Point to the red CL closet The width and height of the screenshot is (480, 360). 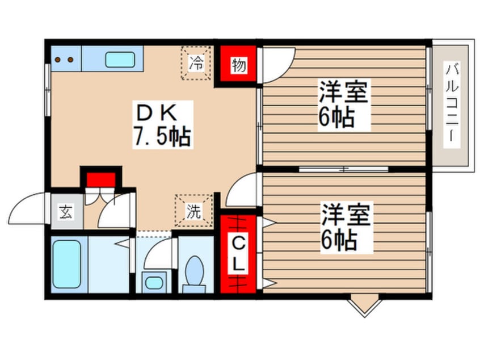(239, 253)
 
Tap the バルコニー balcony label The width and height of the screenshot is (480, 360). (453, 106)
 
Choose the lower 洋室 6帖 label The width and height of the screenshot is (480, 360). (346, 227)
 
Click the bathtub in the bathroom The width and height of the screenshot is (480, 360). (66, 263)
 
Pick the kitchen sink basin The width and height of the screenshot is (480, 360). (120, 59)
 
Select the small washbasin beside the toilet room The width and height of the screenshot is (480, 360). (153, 281)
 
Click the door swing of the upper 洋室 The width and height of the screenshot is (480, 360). (277, 61)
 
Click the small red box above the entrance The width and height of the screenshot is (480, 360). (101, 179)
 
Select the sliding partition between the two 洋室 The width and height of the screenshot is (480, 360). (343, 169)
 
